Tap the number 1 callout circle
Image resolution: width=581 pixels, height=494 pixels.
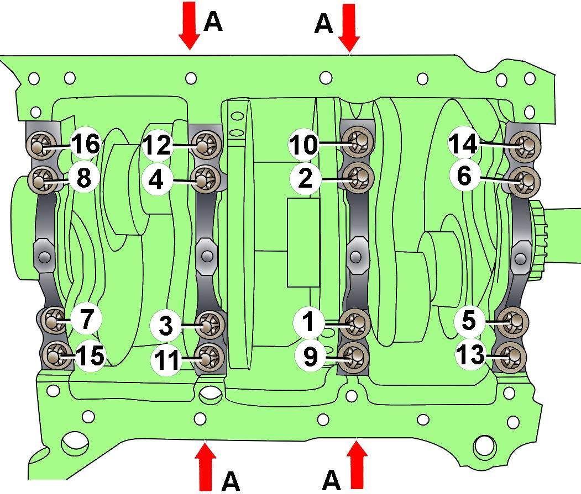(x=308, y=321)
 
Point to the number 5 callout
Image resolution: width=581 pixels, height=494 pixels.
(x=469, y=321)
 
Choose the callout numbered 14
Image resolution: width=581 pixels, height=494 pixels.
(x=464, y=144)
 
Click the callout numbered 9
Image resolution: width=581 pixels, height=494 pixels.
(x=311, y=356)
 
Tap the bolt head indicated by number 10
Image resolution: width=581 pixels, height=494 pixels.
(x=357, y=142)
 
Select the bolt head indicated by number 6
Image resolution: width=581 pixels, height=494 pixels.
(x=524, y=181)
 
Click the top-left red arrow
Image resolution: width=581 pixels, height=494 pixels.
(x=190, y=25)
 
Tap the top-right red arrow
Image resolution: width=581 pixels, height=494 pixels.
(x=349, y=28)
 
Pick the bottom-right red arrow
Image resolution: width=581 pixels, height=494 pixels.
(x=357, y=464)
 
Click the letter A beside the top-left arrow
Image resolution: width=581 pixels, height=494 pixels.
(x=213, y=22)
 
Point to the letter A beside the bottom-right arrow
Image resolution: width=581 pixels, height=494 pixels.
(x=331, y=480)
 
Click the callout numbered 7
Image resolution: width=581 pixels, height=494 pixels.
(x=86, y=319)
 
